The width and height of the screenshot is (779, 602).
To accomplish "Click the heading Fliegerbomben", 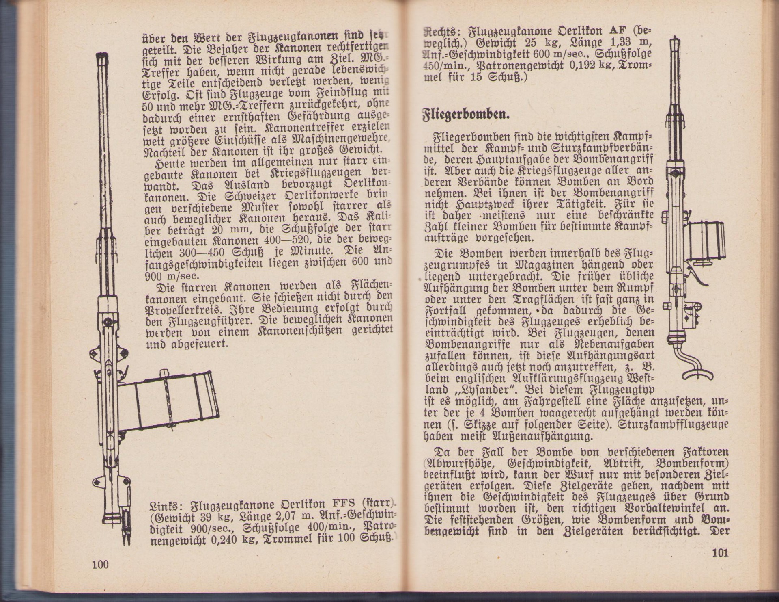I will (x=466, y=115).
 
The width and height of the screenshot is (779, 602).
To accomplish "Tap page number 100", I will (x=100, y=564).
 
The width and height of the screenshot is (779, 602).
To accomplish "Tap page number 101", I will (x=720, y=553).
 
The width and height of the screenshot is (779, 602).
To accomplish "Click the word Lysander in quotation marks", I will (x=487, y=390).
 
